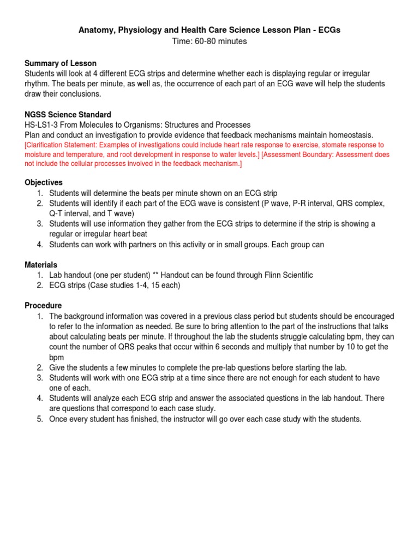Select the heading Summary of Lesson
point(61,63)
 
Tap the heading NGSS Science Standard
point(68,115)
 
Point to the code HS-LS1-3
point(43,125)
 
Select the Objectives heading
point(44,182)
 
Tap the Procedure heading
point(44,306)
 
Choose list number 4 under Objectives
point(40,245)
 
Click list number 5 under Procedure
point(40,419)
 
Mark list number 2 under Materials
point(40,286)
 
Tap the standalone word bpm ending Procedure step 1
point(57,357)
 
